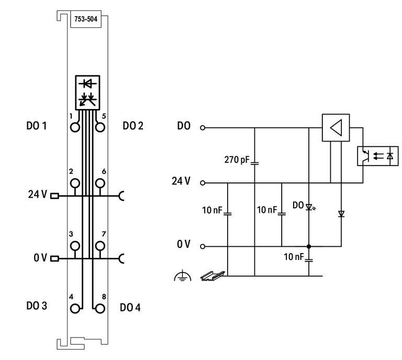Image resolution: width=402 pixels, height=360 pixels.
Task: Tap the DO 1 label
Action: click(x=37, y=126)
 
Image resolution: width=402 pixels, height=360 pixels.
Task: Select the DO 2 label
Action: click(x=133, y=126)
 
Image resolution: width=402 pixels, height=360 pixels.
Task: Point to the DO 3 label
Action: click(x=37, y=306)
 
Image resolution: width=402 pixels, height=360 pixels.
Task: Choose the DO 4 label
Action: click(x=130, y=307)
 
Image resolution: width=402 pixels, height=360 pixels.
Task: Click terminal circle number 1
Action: click(x=75, y=127)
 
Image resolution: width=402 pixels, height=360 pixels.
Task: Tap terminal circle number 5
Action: click(x=99, y=127)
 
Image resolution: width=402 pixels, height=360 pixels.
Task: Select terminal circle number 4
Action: click(x=75, y=308)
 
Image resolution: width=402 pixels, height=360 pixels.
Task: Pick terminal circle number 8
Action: click(x=99, y=308)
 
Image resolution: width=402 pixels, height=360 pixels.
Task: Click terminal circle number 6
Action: click(x=99, y=183)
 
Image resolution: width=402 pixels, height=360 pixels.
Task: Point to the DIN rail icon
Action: click(x=213, y=275)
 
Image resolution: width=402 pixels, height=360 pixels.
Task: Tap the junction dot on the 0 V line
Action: click(x=309, y=246)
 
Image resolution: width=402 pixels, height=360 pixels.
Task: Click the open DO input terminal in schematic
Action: click(x=202, y=127)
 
